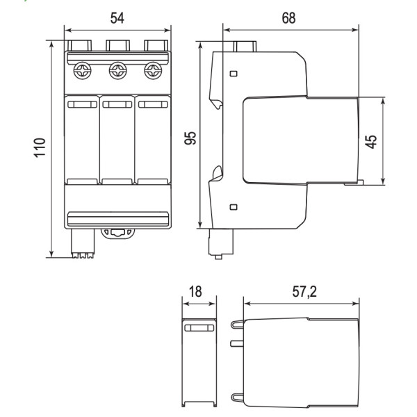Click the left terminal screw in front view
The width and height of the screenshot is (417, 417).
[82, 71]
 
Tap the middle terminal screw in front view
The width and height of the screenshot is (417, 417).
[117, 71]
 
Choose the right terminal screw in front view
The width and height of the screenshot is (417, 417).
[152, 71]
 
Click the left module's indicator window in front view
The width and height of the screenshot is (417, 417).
[82, 104]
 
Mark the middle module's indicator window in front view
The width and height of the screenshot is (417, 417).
[117, 104]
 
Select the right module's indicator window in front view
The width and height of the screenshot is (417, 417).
[152, 104]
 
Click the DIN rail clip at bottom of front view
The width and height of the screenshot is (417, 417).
[119, 233]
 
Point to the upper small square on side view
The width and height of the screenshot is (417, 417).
[233, 73]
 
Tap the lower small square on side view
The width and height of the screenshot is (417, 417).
[233, 206]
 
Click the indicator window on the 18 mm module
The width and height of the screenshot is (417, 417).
[199, 327]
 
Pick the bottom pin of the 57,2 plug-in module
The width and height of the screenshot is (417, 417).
[236, 399]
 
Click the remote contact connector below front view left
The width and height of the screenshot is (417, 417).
[83, 244]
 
